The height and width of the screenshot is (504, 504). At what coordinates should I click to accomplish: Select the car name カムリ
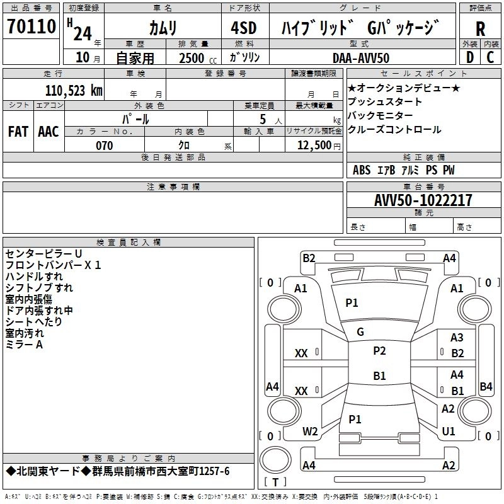[163, 28]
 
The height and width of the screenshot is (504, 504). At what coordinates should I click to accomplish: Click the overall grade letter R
[481, 29]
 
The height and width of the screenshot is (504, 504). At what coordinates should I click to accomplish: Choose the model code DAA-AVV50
[360, 58]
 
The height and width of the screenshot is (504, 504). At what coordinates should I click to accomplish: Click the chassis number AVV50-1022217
[423, 200]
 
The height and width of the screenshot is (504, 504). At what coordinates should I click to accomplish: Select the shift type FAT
[18, 132]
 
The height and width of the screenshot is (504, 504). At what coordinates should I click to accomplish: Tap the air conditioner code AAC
[49, 132]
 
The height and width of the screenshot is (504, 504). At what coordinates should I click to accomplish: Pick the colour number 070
[104, 146]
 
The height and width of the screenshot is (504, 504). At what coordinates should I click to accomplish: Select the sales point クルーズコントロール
[394, 130]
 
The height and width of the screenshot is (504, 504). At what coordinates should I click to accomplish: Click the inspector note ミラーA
[24, 345]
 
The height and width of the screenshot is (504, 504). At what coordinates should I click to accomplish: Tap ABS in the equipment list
[362, 170]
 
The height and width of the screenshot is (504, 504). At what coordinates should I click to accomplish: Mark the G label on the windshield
[360, 332]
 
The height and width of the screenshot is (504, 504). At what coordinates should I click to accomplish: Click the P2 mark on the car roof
[379, 351]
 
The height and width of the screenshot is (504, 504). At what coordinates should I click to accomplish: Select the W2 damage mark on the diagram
[310, 432]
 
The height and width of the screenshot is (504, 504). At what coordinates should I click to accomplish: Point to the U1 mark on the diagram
[449, 432]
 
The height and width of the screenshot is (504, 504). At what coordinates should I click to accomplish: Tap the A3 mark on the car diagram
[457, 338]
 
